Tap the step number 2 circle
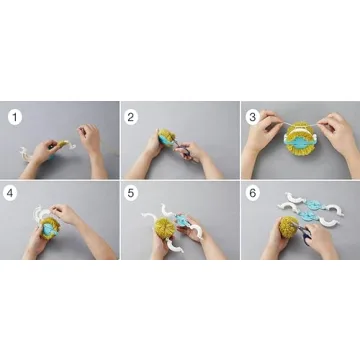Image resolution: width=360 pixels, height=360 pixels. click(132, 117)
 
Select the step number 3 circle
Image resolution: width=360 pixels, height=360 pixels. click(251, 117)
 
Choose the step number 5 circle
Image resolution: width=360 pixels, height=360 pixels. click(132, 196)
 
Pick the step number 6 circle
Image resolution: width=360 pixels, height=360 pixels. click(251, 196)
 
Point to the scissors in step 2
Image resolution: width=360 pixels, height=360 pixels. click(180, 148)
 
